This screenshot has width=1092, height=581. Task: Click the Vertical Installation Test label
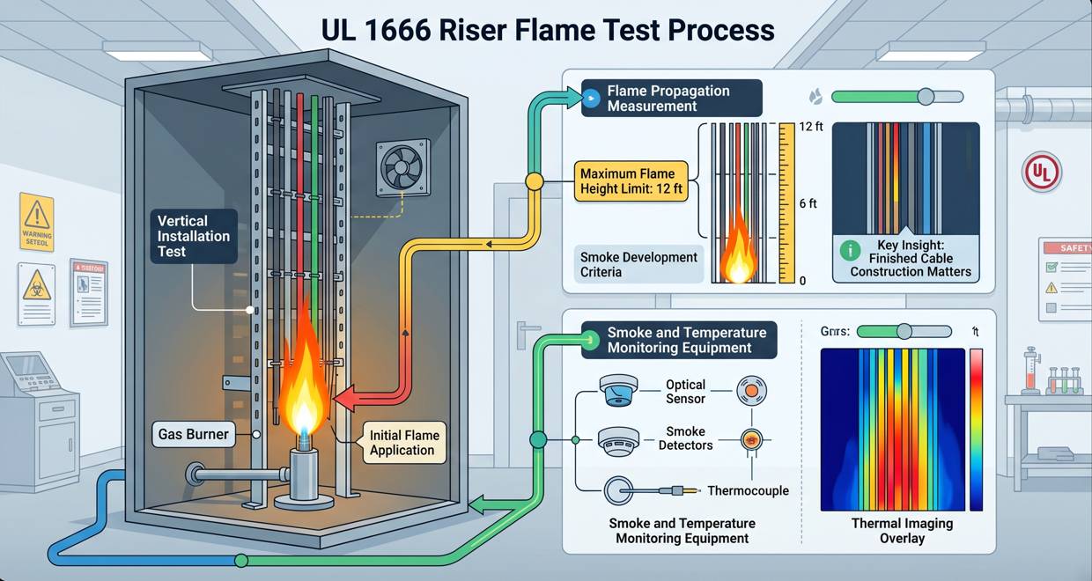pos(194,235)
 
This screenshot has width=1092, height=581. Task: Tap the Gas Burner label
pos(194,434)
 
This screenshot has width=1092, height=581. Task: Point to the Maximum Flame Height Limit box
pos(628,181)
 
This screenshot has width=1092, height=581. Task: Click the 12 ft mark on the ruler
pos(811,127)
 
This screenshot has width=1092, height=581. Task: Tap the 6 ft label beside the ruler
pos(808,203)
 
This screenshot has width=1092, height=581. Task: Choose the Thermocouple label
pos(748,490)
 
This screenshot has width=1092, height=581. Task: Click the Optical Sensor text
pos(685,392)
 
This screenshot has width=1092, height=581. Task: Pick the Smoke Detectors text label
pos(685,438)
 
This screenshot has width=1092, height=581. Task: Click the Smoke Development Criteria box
pos(638,265)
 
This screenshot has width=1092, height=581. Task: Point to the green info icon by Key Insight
pos(850,250)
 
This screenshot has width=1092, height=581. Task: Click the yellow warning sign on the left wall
pos(37,222)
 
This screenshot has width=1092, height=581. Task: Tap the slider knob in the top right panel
pos(925,97)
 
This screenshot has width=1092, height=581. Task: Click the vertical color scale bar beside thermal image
pos(976,429)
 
